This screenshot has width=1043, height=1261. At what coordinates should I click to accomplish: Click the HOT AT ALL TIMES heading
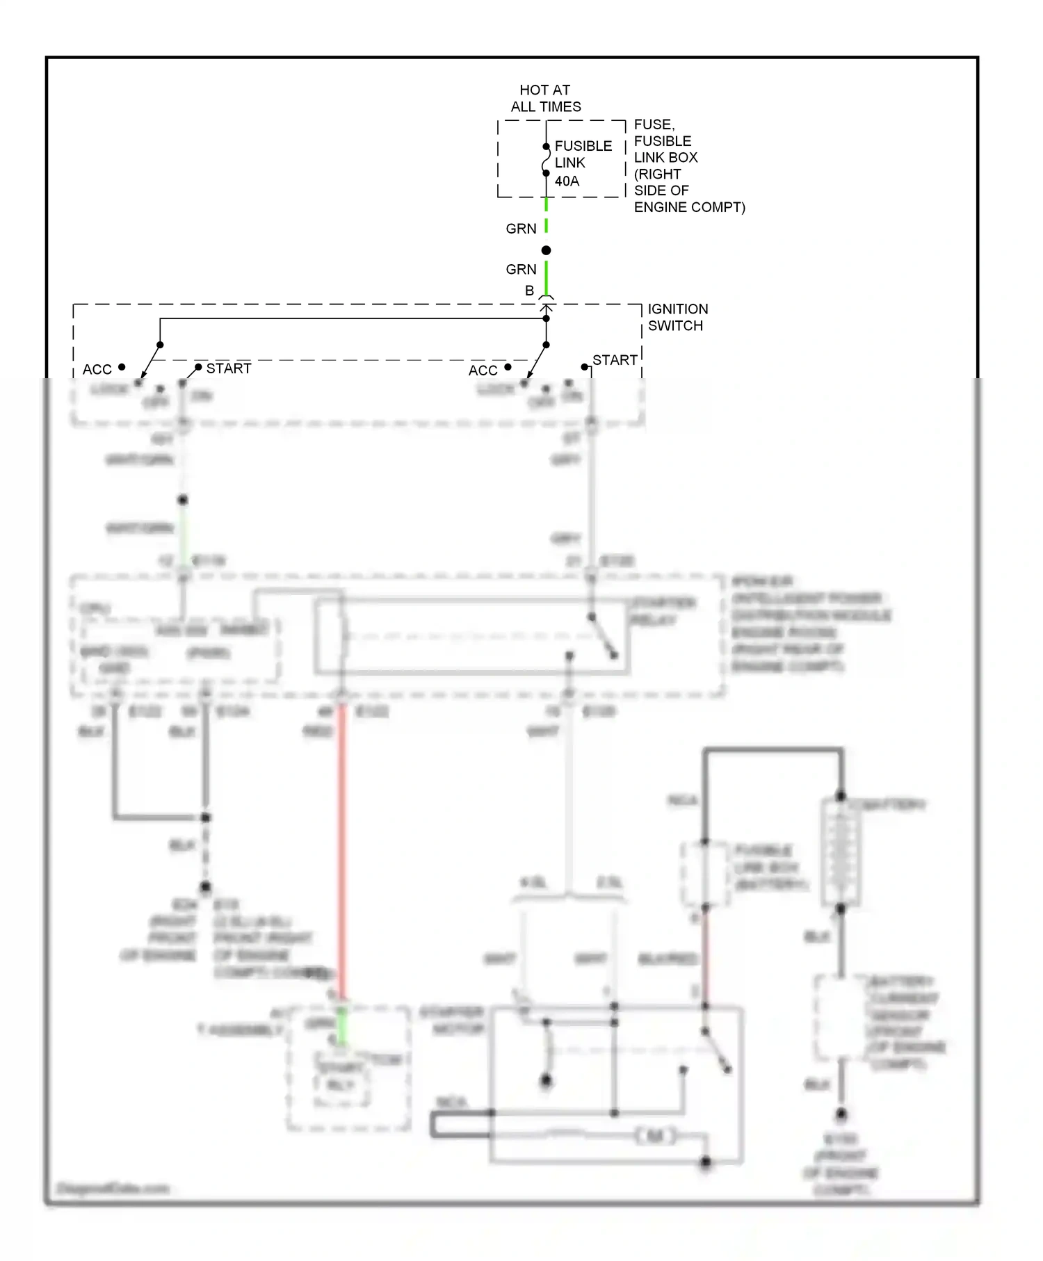click(546, 98)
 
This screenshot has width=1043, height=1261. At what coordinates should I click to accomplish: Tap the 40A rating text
click(567, 181)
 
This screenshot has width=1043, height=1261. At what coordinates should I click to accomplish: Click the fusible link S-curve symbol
click(546, 160)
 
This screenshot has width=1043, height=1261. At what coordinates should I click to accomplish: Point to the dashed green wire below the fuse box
click(546, 214)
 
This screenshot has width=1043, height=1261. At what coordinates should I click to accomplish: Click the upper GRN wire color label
click(521, 229)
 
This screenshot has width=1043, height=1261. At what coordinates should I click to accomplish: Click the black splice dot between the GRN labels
click(546, 250)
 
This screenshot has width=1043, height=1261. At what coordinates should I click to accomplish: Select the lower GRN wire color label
click(521, 269)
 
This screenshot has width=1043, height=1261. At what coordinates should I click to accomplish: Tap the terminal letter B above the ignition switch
click(529, 291)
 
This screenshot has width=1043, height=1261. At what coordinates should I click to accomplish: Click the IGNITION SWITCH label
click(677, 317)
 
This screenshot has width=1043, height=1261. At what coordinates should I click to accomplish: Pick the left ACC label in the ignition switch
click(97, 370)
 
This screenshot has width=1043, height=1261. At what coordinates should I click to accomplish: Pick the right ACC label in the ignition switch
click(483, 371)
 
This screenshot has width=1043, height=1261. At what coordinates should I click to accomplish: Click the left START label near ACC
click(228, 368)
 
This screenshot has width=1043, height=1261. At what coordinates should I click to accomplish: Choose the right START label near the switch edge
click(615, 360)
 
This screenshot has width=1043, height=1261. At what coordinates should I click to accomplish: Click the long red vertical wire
click(341, 848)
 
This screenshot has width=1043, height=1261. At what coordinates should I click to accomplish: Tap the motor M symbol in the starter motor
click(655, 1137)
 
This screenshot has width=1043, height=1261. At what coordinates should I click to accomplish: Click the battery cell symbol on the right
click(841, 852)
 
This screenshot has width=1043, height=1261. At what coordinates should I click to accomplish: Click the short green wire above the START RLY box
click(341, 1025)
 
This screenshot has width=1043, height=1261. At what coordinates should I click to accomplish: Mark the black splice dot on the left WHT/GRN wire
click(183, 500)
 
